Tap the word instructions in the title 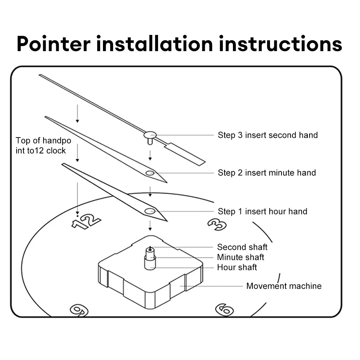(x=281, y=44)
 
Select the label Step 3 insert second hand (x=267, y=135)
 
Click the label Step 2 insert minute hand (x=267, y=173)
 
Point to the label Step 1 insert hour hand (x=262, y=211)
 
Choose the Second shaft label (x=242, y=247)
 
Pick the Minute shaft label (x=240, y=257)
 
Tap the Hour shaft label (x=237, y=267)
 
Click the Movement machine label (x=284, y=286)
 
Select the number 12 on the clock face (x=86, y=221)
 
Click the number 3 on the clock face (x=217, y=224)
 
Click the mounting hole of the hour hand (x=149, y=211)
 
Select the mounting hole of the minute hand (x=150, y=173)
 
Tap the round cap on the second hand (x=150, y=135)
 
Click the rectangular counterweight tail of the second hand (x=185, y=154)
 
